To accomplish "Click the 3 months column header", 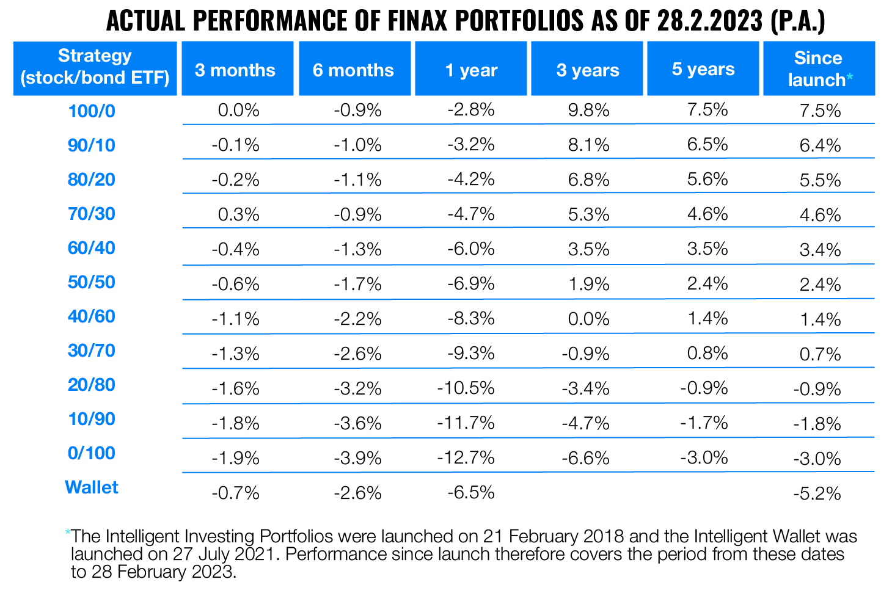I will [x=235, y=70].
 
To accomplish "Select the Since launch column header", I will [x=819, y=68].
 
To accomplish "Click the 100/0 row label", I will [x=92, y=111].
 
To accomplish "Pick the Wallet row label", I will [x=92, y=487].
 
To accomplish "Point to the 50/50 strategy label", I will [x=92, y=282].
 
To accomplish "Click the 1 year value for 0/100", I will [x=466, y=457].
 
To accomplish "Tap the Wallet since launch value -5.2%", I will [x=817, y=493].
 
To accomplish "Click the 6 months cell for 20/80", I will [x=358, y=388].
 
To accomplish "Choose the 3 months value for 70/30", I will [x=238, y=214].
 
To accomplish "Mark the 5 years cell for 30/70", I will [x=707, y=353].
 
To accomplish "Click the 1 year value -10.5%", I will [x=466, y=388].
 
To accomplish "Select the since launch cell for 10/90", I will [x=817, y=423].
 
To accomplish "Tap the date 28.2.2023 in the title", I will [x=711, y=21].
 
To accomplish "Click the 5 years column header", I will [x=703, y=69].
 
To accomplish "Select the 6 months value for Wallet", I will [x=358, y=492].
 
